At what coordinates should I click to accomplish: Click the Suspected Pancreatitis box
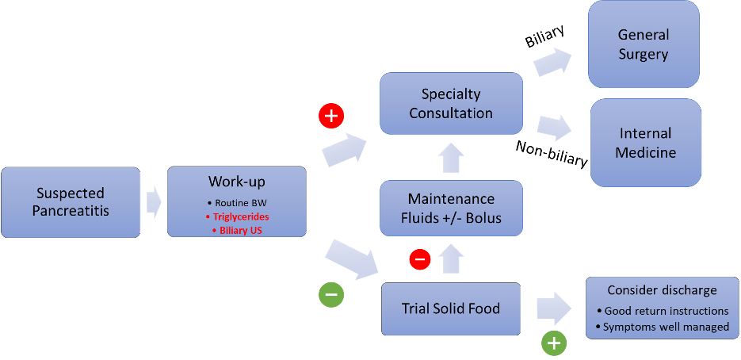[x=71, y=202]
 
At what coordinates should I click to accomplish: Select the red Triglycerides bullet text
[x=236, y=216]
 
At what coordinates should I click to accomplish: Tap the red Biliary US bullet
[x=236, y=230]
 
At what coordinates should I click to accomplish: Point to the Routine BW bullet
[x=236, y=203]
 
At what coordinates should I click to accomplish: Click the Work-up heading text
[x=236, y=182]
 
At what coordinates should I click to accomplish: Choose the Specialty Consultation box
[x=451, y=103]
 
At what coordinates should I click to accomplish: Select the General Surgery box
[x=644, y=44]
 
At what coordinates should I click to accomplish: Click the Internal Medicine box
[x=645, y=143]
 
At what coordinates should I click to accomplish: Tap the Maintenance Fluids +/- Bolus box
[x=451, y=208]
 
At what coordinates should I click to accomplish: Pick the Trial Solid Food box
[x=451, y=308]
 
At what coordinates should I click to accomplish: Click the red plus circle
[x=331, y=116]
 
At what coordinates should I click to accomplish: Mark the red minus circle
[x=420, y=259]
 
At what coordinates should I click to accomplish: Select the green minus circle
[x=331, y=295]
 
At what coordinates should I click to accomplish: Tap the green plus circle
[x=554, y=343]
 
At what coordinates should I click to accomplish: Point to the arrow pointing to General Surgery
[x=552, y=62]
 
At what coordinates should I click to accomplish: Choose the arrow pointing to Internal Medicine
[x=554, y=128]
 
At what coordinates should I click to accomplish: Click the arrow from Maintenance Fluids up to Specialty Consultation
[x=451, y=159]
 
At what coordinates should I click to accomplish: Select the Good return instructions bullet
[x=667, y=311]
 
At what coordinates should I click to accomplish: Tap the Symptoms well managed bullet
[x=667, y=326]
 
